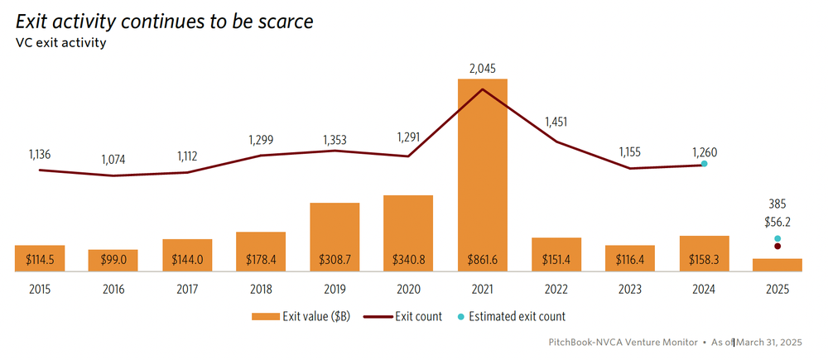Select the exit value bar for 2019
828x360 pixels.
click(335, 236)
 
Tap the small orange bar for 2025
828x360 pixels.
click(777, 265)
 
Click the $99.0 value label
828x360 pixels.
click(113, 260)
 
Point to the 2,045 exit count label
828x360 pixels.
click(483, 69)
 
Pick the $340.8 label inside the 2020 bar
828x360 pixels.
click(408, 260)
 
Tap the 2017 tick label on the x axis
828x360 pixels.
click(187, 290)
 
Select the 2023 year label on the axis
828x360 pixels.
click(630, 290)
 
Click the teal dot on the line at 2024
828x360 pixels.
click(704, 164)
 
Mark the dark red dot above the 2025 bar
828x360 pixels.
click(777, 246)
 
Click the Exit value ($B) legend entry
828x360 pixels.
click(303, 316)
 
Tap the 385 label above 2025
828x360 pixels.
click(777, 204)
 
